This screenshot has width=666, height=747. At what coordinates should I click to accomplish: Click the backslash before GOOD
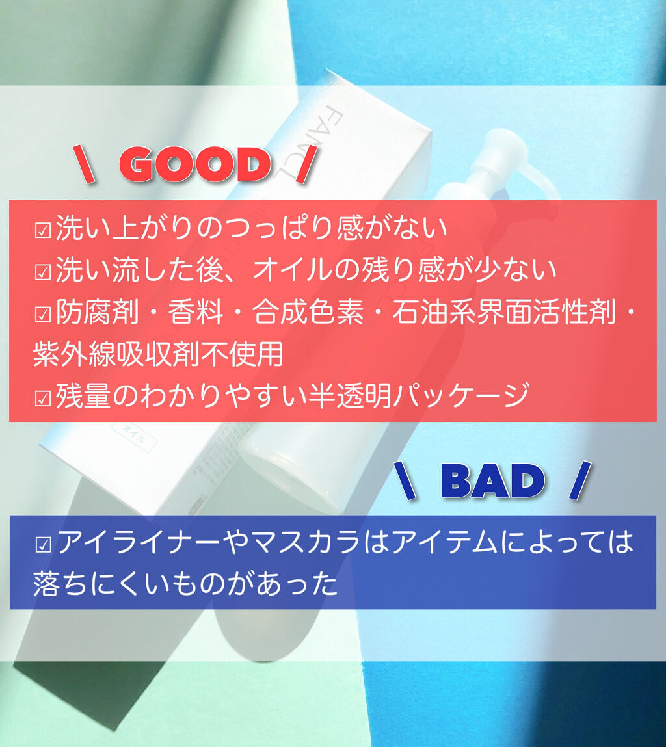(84, 164)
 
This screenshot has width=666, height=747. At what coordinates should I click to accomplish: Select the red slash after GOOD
(306, 164)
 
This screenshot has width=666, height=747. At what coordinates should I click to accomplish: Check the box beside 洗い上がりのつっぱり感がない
(43, 230)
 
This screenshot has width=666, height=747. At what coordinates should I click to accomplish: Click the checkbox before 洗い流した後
(43, 272)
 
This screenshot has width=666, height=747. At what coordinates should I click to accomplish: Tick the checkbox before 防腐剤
(43, 315)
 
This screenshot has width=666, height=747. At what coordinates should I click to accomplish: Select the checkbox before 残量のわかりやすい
(43, 398)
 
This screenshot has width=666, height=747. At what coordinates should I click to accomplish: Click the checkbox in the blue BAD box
(44, 545)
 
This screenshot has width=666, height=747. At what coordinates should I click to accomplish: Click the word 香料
(196, 313)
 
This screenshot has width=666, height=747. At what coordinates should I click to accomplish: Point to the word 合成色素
(308, 313)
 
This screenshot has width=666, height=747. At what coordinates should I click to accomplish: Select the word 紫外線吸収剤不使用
(158, 354)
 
